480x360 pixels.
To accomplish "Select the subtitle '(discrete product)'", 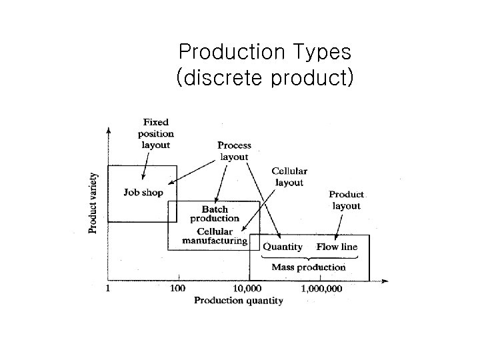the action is [x=264, y=78].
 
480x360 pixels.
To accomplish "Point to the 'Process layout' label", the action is [x=235, y=151].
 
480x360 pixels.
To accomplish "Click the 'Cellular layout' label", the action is [x=289, y=177].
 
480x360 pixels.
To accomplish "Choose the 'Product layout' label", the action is [x=347, y=200].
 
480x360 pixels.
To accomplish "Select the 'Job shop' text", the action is [x=143, y=193].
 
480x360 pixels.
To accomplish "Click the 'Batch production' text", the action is [x=215, y=214].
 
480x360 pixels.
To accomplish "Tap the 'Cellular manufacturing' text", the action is [x=214, y=236].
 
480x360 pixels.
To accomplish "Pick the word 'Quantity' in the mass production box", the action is [x=283, y=247].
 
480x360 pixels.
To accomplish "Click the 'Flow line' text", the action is [x=337, y=247].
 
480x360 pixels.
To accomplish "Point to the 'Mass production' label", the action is [x=309, y=267].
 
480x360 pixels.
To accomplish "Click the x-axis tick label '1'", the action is [x=109, y=289].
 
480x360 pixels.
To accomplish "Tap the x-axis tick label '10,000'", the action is [x=247, y=289].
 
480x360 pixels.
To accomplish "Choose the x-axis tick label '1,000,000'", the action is [x=322, y=289].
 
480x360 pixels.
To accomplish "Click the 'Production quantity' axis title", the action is [x=238, y=301].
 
